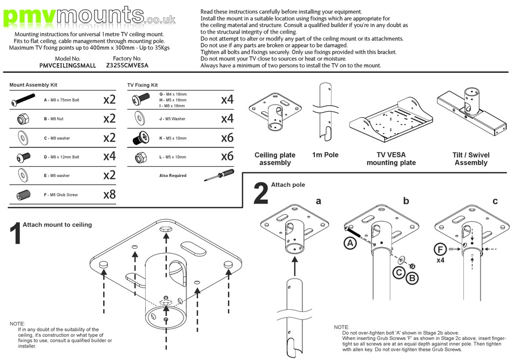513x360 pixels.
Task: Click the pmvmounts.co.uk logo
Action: pyautogui.click(x=89, y=16)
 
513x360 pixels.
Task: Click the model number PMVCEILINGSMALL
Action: pyautogui.click(x=67, y=65)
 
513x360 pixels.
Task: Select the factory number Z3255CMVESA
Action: pyautogui.click(x=127, y=65)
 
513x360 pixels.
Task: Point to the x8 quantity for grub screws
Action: pyautogui.click(x=109, y=194)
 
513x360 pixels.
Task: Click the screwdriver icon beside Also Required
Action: pyautogui.click(x=218, y=174)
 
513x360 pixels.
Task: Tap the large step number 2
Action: pyautogui.click(x=260, y=194)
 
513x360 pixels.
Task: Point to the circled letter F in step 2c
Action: pyautogui.click(x=440, y=249)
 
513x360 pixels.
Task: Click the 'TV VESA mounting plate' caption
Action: pyautogui.click(x=391, y=159)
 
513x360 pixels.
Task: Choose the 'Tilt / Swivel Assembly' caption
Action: pyautogui.click(x=471, y=159)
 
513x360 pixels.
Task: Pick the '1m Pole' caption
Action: pyautogui.click(x=325, y=155)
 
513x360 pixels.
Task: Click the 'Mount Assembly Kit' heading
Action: pyautogui.click(x=33, y=85)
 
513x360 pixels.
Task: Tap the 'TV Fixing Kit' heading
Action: pyautogui.click(x=143, y=85)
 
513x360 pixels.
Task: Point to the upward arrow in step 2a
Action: pyautogui.click(x=295, y=265)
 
